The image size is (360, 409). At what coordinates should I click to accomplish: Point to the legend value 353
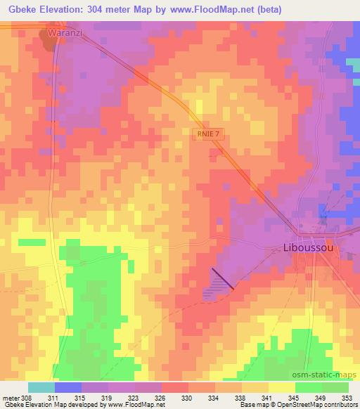coord(347,398)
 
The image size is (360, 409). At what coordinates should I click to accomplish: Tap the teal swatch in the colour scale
coord(41,387)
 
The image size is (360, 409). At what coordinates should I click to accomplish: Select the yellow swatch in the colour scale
coord(281,387)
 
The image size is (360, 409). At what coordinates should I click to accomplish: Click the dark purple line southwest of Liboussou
coord(221,279)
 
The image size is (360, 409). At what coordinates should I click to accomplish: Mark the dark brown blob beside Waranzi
coord(49,41)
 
